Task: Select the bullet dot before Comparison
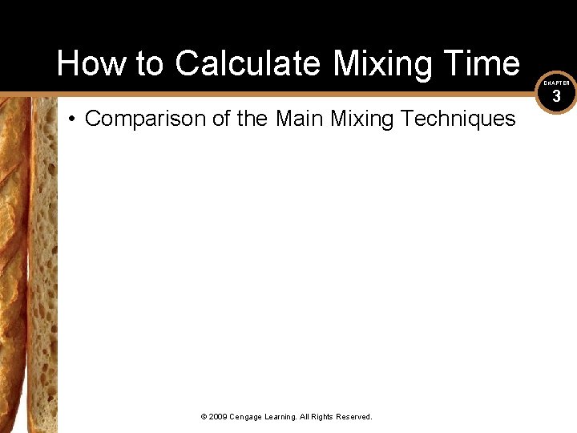click(x=71, y=119)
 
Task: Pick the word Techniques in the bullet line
click(x=458, y=119)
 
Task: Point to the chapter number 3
click(x=556, y=96)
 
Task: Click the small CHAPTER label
click(x=557, y=83)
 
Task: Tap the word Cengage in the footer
click(x=248, y=417)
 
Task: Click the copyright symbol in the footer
click(x=204, y=417)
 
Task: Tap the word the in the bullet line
click(x=252, y=119)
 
